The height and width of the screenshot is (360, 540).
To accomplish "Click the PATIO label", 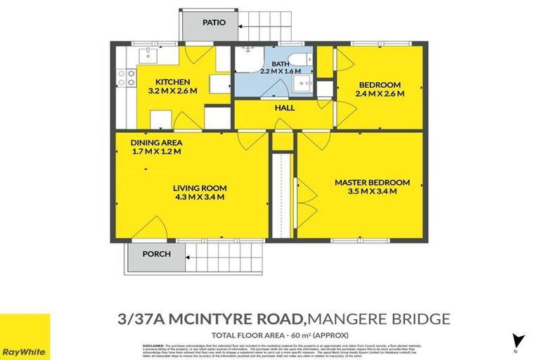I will click(x=214, y=22).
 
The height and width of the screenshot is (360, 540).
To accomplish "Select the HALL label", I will click(x=285, y=108).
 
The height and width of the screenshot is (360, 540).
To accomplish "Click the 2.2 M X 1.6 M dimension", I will click(x=281, y=71).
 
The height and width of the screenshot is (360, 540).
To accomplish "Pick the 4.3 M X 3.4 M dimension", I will click(x=200, y=197).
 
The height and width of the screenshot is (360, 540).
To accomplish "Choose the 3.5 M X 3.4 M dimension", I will click(x=362, y=191).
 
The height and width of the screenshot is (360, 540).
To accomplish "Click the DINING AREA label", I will click(x=156, y=142).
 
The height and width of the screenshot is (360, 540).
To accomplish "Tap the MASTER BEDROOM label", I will click(x=362, y=182).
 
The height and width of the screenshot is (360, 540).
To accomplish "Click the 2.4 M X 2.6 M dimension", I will click(x=380, y=93).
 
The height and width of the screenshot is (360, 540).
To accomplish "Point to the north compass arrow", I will click(x=519, y=340).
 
